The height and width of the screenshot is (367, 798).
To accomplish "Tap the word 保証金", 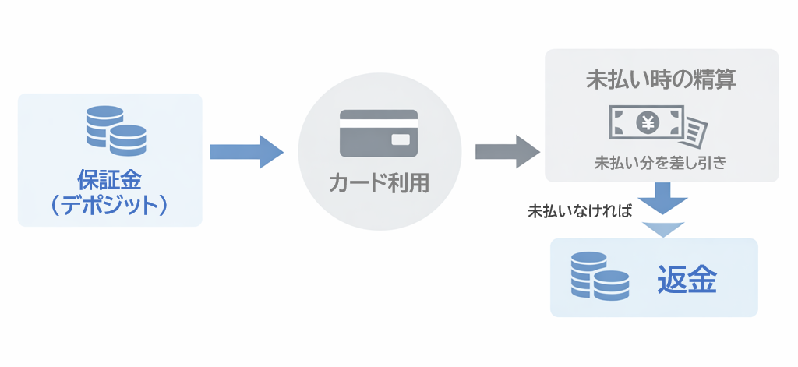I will pyautogui.click(x=109, y=179).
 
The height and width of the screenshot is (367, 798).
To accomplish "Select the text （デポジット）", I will pyautogui.click(x=109, y=205).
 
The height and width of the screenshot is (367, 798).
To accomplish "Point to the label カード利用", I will pyautogui.click(x=379, y=184).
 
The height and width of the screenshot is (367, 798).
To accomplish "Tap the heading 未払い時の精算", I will pyautogui.click(x=661, y=80).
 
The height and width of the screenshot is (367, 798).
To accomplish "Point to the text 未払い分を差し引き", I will pyautogui.click(x=661, y=164).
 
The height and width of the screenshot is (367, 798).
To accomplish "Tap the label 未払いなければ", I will pyautogui.click(x=579, y=210).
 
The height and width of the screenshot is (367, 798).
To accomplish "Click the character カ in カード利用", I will pyautogui.click(x=337, y=184).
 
